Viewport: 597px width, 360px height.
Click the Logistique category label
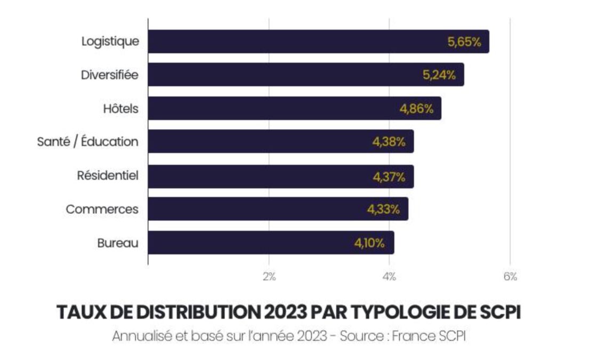[x=110, y=42]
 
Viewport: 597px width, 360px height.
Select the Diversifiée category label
[x=109, y=75]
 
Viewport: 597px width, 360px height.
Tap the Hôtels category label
[x=120, y=109]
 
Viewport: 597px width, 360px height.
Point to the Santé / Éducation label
[x=87, y=142]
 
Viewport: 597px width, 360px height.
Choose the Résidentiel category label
[x=108, y=175]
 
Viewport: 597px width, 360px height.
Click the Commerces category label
[x=102, y=209]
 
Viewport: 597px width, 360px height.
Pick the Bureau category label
[x=118, y=243]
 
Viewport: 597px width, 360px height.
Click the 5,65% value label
[x=464, y=43]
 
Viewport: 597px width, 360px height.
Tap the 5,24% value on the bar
[x=439, y=76]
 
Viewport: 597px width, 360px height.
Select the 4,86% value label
[x=416, y=109]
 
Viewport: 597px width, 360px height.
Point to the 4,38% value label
[x=389, y=142]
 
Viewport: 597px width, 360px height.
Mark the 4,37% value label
[x=389, y=176]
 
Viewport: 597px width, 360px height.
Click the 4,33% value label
[x=383, y=210]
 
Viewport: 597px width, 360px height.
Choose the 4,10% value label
[x=369, y=243]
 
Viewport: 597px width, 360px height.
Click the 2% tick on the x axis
[x=269, y=276]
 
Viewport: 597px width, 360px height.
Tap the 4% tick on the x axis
[x=389, y=276]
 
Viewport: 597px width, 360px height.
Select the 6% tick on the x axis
[x=510, y=276]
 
